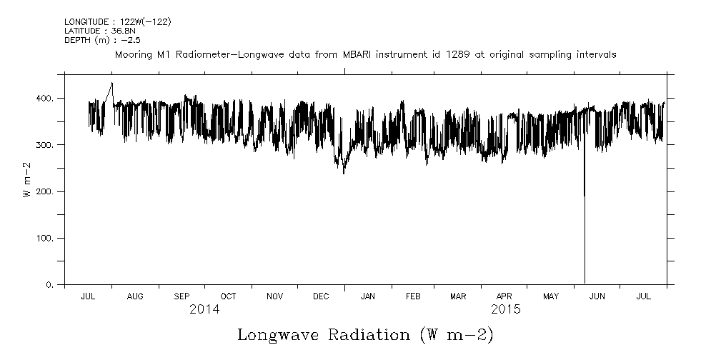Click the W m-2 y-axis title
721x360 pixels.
(26, 179)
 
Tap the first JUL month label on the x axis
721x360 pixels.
(89, 296)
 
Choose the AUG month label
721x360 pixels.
(134, 296)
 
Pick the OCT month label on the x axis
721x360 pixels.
(228, 296)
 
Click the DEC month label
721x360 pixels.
(321, 296)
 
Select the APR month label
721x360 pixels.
(504, 296)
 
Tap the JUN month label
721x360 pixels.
(597, 296)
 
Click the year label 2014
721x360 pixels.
(204, 310)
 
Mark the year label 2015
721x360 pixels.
(506, 310)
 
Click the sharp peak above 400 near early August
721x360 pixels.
(111, 84)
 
